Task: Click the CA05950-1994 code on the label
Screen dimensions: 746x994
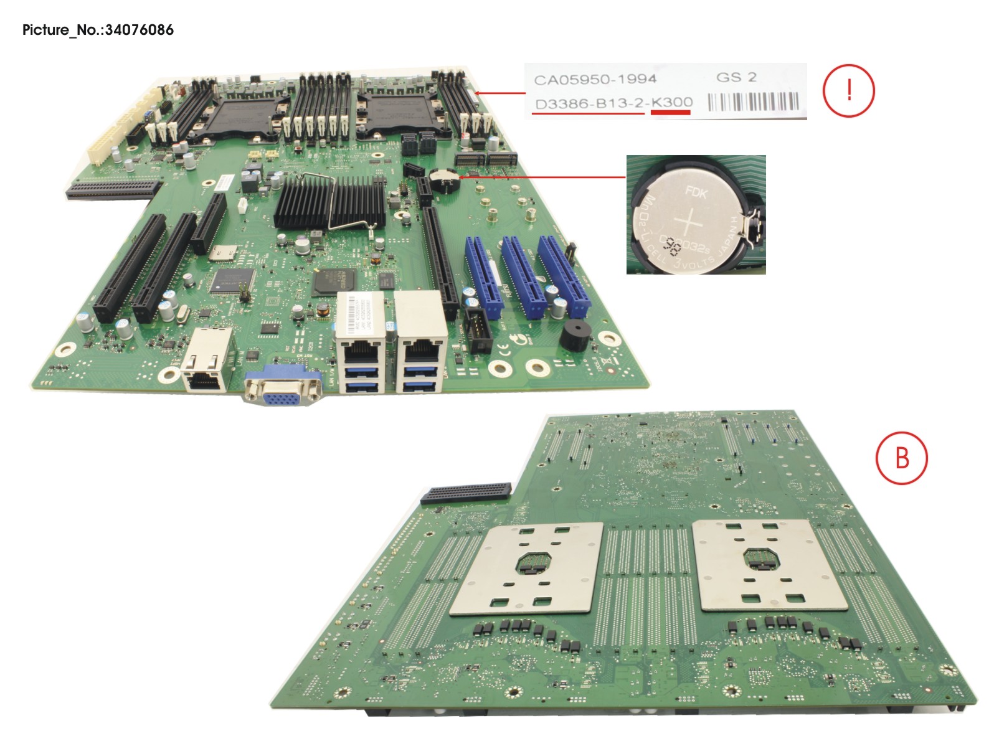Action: point(595,80)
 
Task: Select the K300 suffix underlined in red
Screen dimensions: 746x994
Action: point(671,103)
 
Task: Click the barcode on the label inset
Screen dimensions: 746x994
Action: point(753,102)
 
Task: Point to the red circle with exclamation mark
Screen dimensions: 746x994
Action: point(848,91)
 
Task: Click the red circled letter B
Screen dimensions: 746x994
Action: point(901,458)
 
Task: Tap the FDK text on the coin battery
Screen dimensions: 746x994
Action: point(696,191)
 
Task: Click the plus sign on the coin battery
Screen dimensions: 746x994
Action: point(692,222)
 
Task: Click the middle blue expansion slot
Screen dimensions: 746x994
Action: point(524,276)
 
